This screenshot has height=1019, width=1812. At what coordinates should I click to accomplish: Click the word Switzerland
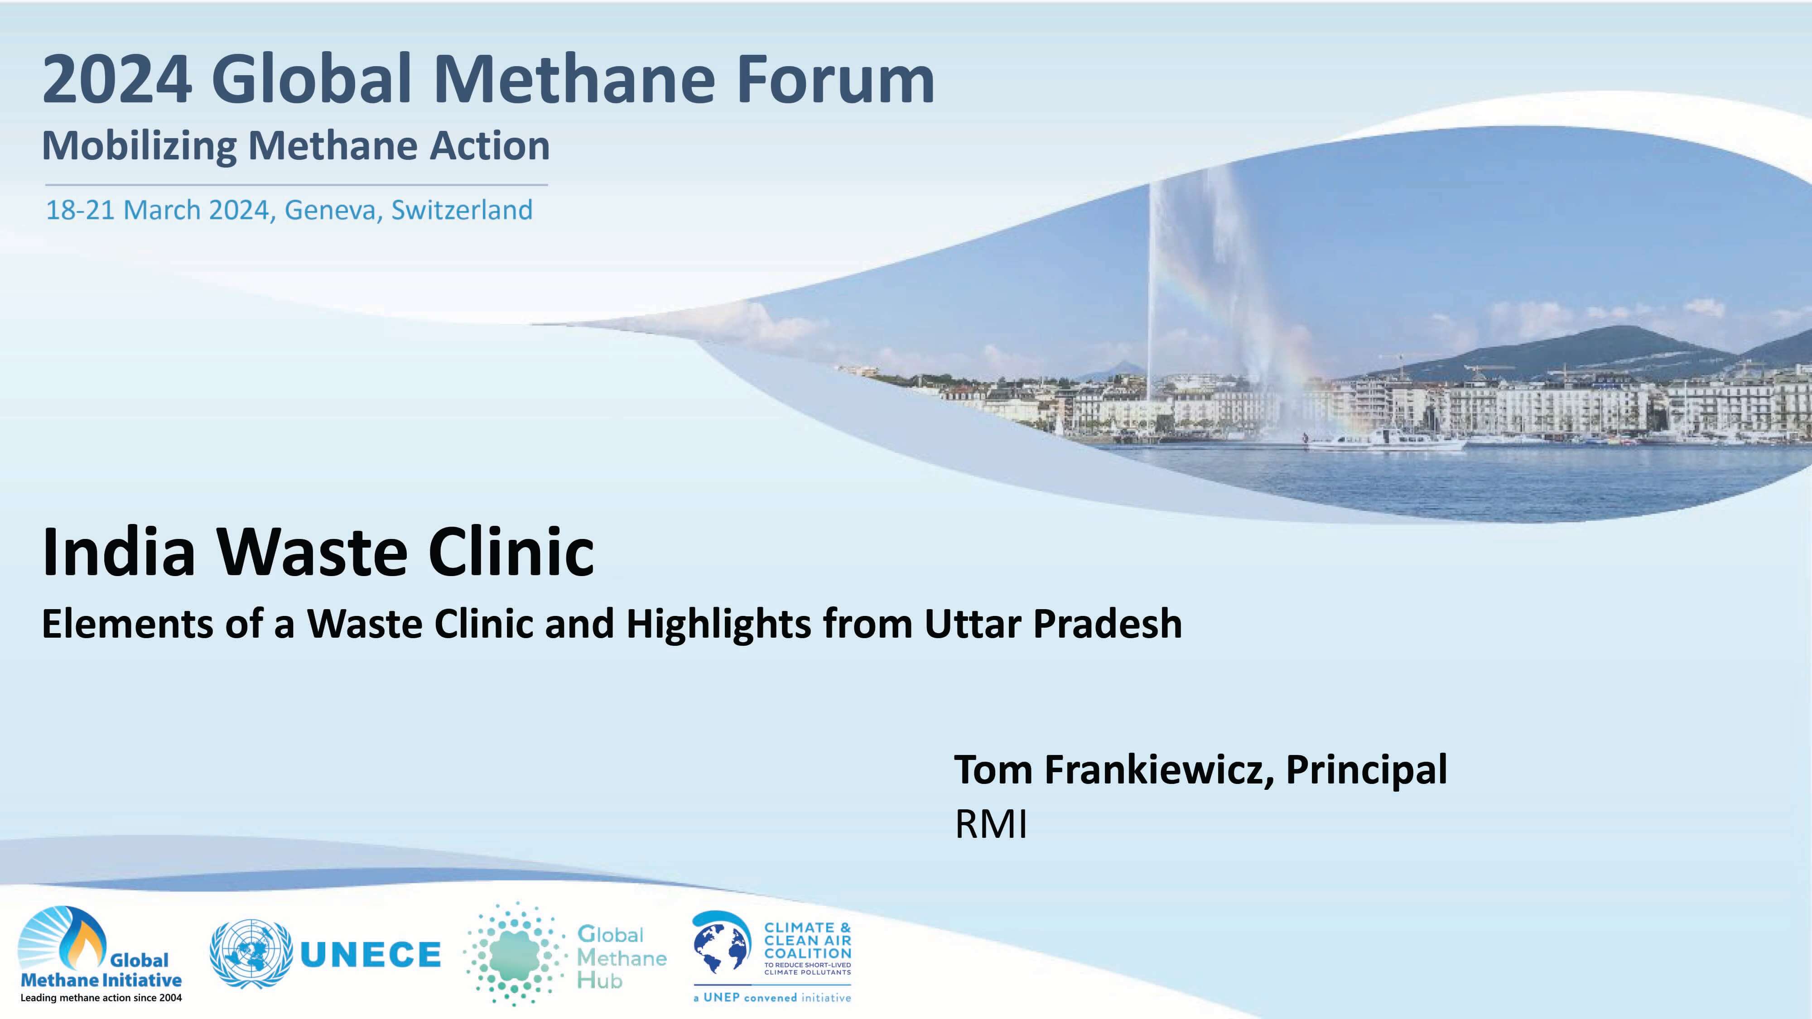[462, 210]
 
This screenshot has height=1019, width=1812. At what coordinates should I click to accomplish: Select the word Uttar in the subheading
[971, 624]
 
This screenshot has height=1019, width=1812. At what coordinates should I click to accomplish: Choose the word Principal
[1366, 771]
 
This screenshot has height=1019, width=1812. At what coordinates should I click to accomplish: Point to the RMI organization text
[990, 824]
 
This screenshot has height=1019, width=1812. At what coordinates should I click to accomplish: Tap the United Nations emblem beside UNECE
[251, 954]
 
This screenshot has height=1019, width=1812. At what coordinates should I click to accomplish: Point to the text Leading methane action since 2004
[101, 998]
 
